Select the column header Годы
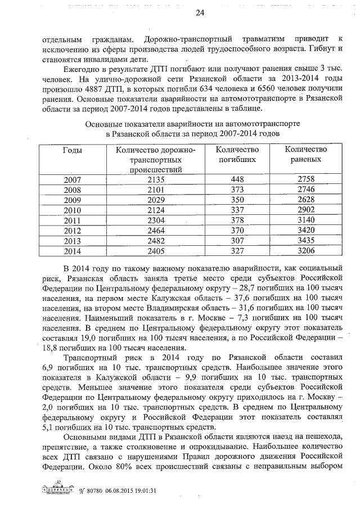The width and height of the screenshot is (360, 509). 72,150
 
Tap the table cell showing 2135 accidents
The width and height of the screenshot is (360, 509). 155,179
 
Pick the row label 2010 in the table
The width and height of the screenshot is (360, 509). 72,210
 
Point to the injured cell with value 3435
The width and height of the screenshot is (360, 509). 306,240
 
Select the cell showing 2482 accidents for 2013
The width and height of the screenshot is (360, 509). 155,240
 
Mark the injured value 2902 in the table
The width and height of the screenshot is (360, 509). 306,210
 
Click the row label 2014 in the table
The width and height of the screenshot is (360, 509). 72,250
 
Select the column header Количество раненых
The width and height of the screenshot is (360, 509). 306,155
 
